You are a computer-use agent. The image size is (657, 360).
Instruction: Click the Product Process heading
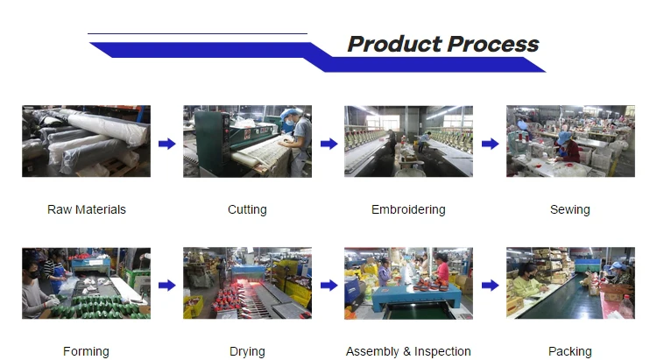click(x=442, y=44)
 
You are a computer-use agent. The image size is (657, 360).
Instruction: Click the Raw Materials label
click(x=86, y=209)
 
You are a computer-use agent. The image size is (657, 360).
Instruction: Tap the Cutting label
click(x=247, y=209)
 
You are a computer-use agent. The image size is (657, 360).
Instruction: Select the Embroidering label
click(x=408, y=209)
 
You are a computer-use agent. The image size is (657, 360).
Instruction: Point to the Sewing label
click(x=569, y=209)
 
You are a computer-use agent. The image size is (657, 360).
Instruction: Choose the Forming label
click(x=86, y=351)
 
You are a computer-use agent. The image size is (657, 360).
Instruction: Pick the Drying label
click(x=247, y=351)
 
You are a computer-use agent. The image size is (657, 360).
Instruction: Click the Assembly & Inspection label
click(x=408, y=351)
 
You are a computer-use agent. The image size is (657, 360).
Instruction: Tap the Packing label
click(x=569, y=351)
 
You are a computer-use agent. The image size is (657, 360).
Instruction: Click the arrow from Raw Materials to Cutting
click(x=166, y=144)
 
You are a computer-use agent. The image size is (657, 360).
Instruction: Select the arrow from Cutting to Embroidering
click(x=328, y=144)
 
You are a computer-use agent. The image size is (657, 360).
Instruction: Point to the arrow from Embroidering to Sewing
click(x=490, y=144)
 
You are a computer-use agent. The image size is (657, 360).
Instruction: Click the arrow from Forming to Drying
click(x=166, y=286)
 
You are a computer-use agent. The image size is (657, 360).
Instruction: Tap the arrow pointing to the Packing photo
click(x=490, y=286)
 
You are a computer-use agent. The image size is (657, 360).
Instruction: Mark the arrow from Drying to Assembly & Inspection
click(x=328, y=286)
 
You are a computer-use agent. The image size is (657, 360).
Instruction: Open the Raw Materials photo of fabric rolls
click(x=86, y=141)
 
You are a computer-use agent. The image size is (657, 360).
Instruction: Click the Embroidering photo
click(x=408, y=141)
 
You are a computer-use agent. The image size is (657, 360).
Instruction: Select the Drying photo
click(x=247, y=283)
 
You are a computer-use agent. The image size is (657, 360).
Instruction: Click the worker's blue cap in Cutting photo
click(x=292, y=112)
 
